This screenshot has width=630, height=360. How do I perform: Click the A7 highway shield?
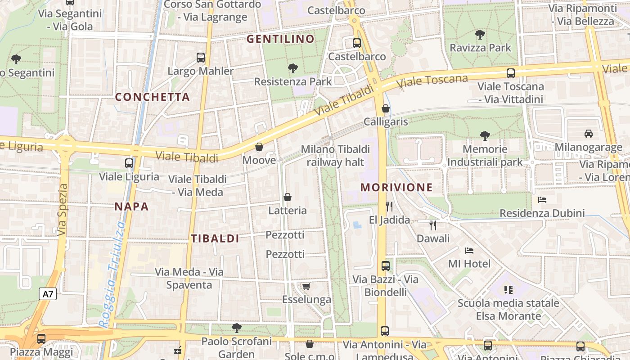(48, 294)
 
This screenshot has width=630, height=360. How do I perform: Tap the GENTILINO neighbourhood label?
(280, 39)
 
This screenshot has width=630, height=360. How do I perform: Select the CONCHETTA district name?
(153, 97)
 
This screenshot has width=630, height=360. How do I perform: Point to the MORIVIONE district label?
(396, 187)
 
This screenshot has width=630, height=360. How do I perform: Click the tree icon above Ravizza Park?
(480, 34)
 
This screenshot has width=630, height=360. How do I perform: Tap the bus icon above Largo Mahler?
(201, 58)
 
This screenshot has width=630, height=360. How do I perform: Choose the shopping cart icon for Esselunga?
(306, 287)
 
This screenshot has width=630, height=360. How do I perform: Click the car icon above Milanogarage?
(588, 134)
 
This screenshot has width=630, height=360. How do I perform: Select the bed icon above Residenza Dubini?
(542, 200)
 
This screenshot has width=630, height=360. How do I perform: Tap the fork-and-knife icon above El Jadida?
(389, 206)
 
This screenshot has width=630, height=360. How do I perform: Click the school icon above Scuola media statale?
(508, 289)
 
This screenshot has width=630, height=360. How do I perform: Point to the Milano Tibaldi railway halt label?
(335, 155)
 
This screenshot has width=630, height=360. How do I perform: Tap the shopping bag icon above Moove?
(259, 147)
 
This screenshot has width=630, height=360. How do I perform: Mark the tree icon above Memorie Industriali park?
(485, 135)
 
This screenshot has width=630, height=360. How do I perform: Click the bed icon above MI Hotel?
(469, 250)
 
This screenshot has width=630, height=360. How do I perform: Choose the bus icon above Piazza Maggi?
(41, 338)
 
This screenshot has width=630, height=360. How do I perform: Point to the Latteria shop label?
(288, 210)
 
